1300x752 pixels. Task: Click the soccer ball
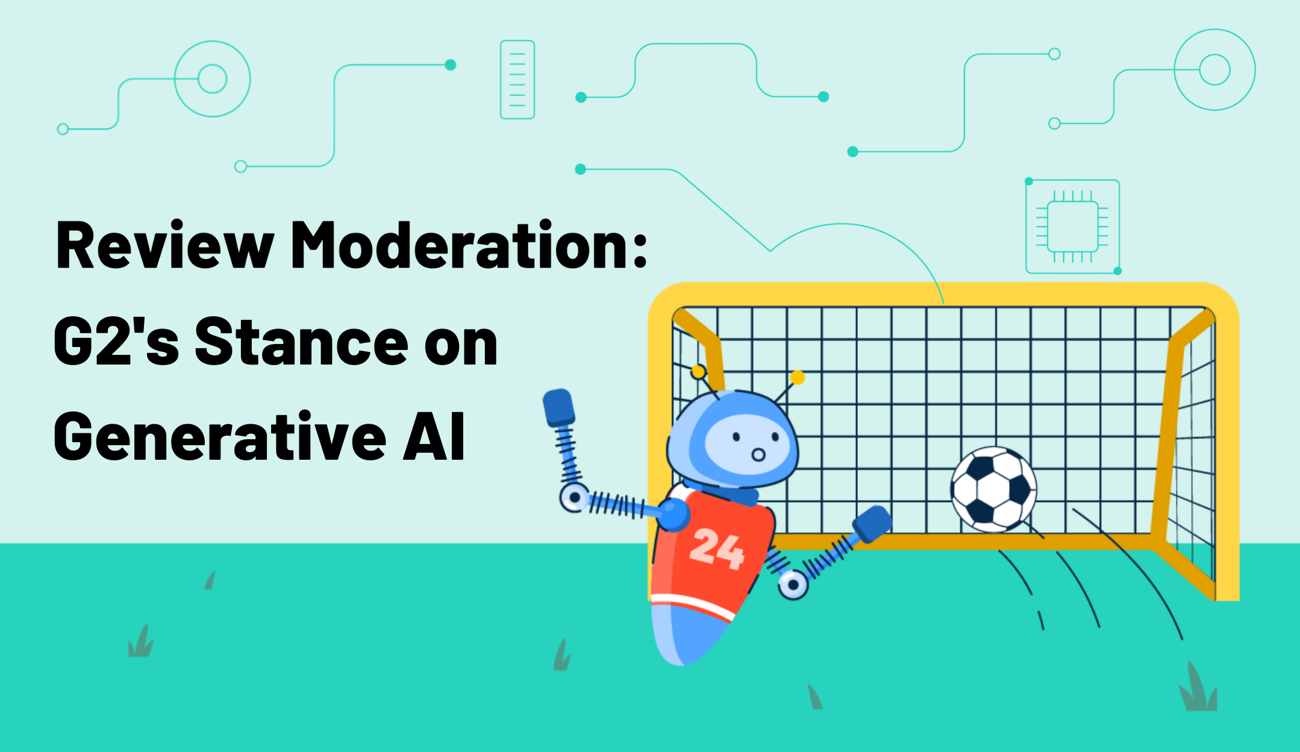click(x=993, y=489)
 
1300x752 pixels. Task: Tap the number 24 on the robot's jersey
click(x=716, y=549)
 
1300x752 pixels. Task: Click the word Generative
click(x=219, y=437)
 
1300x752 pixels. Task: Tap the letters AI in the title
click(x=434, y=437)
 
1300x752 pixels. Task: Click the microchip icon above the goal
click(x=1072, y=227)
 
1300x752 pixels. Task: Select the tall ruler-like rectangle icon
click(x=517, y=80)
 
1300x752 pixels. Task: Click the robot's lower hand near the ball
click(x=871, y=523)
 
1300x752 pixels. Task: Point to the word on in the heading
click(x=461, y=343)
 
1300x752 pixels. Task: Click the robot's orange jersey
click(x=711, y=554)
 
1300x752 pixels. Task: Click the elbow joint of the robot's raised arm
click(x=573, y=498)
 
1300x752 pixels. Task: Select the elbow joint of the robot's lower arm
click(x=793, y=584)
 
